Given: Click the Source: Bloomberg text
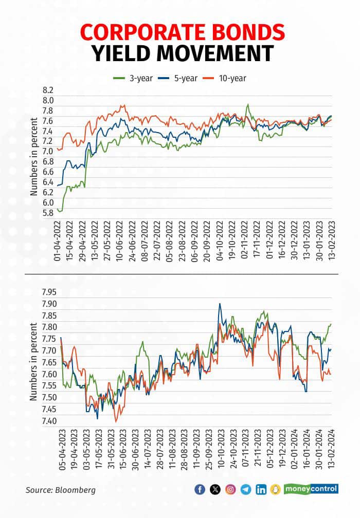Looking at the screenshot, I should tap(61, 490).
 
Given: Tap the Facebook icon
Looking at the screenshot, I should tap(200, 490).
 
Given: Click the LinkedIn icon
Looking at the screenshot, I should tap(261, 490).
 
